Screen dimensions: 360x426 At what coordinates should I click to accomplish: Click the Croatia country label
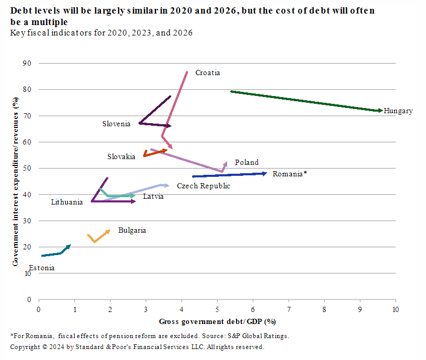208,73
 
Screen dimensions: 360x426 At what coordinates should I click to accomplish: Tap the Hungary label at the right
398,111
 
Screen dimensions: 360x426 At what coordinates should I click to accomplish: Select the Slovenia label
116,124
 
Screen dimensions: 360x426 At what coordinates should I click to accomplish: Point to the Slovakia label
121,156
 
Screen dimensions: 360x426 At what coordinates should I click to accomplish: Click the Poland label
246,162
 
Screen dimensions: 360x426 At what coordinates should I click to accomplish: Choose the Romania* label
289,174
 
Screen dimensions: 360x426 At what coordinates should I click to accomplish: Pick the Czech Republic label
204,186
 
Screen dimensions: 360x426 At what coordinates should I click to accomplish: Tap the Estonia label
41,268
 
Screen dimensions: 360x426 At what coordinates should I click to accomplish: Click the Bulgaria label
132,230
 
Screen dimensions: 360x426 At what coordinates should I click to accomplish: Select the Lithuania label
67,202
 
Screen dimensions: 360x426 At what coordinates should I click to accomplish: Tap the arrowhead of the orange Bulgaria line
108,231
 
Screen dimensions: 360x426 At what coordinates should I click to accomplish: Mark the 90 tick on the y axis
27,63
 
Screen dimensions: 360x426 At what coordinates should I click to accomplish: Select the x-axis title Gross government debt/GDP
217,320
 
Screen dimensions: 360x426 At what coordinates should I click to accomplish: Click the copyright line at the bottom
137,347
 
